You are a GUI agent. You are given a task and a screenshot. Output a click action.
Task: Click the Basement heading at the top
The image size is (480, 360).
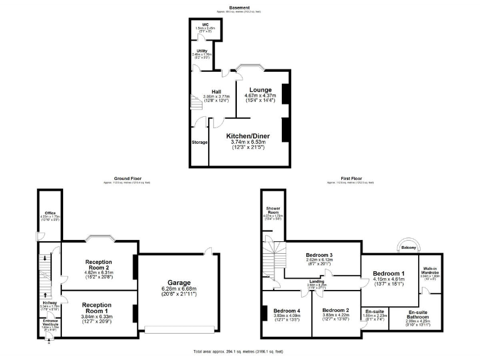(240, 7)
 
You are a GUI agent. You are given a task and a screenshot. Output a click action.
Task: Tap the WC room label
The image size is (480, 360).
(204, 26)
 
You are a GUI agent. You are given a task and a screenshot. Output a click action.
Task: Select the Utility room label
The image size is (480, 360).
(202, 51)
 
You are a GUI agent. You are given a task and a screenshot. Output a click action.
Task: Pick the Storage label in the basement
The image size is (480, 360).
(199, 142)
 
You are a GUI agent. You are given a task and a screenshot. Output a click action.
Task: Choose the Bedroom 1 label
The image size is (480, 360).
(389, 274)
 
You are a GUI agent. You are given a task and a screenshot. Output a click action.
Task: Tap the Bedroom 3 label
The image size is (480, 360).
(319, 255)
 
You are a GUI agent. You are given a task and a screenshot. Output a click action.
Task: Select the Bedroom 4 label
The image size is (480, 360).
(287, 311)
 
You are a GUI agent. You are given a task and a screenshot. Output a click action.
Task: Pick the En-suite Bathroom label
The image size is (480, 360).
(418, 314)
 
